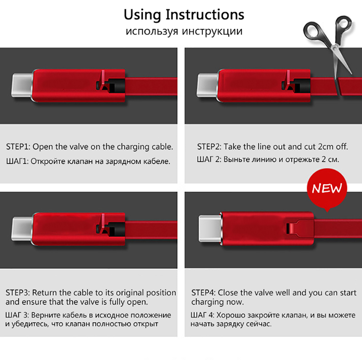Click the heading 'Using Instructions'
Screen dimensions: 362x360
184,15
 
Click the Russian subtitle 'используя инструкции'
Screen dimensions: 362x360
184,31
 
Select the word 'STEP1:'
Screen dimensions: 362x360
18,147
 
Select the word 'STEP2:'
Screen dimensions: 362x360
209,147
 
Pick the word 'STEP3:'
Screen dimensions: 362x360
18,293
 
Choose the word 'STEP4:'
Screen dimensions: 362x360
203,293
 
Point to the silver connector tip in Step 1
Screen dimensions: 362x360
22,85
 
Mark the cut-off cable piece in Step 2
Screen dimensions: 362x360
350,86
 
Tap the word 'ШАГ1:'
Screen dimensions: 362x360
17,161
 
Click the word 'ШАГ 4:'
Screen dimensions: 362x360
202,315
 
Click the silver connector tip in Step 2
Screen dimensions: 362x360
207,85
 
